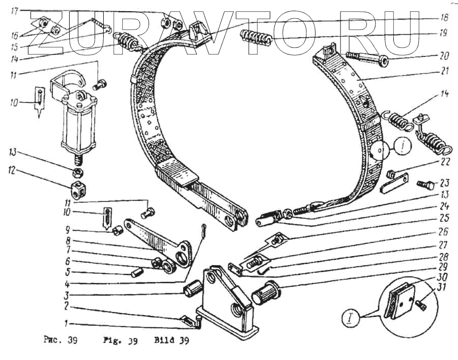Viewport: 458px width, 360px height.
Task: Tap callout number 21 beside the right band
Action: pyautogui.click(x=444, y=72)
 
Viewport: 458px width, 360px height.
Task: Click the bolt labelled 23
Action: pyautogui.click(x=424, y=184)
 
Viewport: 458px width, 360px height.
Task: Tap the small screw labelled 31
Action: pyautogui.click(x=421, y=304)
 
